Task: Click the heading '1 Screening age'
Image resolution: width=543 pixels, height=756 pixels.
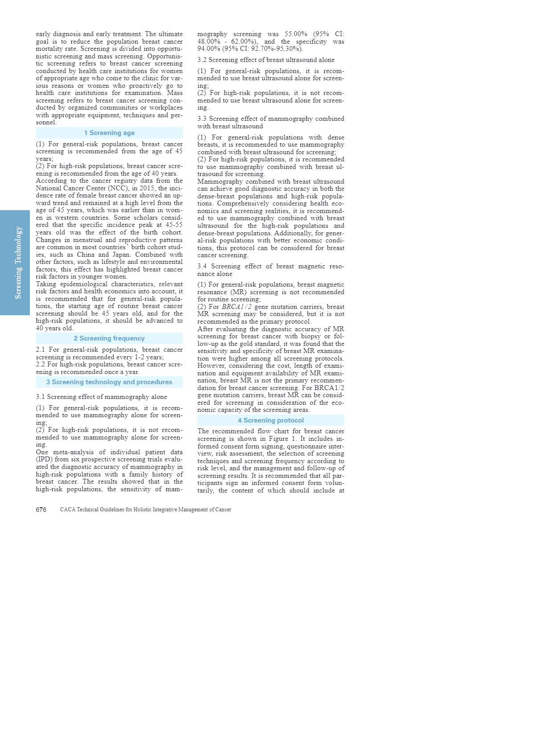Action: pyautogui.click(x=109, y=133)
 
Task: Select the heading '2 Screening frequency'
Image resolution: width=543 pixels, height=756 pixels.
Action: pyautogui.click(x=109, y=338)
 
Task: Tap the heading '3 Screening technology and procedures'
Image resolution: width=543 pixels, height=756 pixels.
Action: pyautogui.click(x=109, y=382)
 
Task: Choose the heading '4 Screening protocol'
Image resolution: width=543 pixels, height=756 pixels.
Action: pyautogui.click(x=271, y=420)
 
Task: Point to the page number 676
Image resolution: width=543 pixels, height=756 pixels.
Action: pyautogui.click(x=41, y=509)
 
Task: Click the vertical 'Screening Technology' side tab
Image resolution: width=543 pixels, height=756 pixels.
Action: pyautogui.click(x=18, y=263)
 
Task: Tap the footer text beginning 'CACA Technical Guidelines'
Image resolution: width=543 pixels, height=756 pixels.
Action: pyautogui.click(x=145, y=509)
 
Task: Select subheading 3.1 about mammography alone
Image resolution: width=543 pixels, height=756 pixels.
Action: pyautogui.click(x=102, y=397)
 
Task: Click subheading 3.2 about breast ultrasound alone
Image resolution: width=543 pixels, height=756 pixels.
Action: pyautogui.click(x=266, y=60)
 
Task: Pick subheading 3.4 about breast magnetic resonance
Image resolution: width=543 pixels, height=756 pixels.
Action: pyautogui.click(x=271, y=270)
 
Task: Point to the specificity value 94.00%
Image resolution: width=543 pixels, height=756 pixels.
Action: pyautogui.click(x=209, y=49)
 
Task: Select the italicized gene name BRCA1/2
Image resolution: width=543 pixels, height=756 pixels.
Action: pyautogui.click(x=236, y=307)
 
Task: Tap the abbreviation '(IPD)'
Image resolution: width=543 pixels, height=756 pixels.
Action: pyautogui.click(x=44, y=459)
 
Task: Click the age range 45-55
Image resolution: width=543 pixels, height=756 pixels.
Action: pyautogui.click(x=174, y=225)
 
